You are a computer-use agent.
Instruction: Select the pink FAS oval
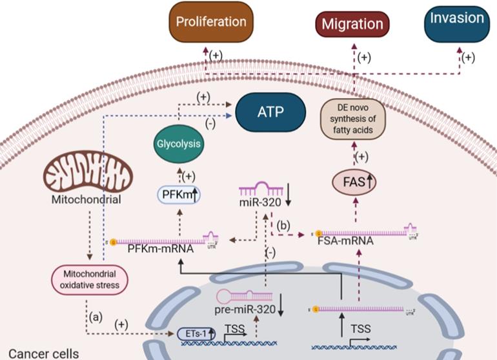click(x=353, y=183)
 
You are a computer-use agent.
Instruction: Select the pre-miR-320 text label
click(x=244, y=310)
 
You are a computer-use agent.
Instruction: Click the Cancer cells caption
click(x=39, y=353)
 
